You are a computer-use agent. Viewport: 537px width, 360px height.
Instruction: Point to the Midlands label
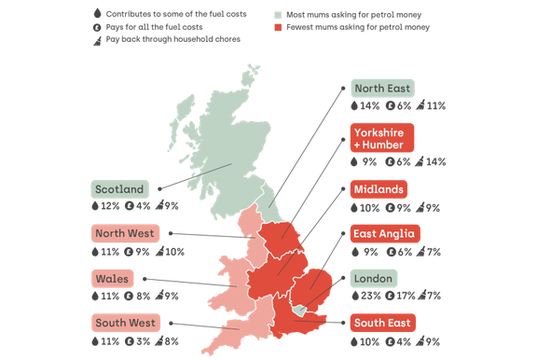[x=379, y=189]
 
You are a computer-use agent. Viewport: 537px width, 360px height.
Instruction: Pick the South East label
[x=381, y=324]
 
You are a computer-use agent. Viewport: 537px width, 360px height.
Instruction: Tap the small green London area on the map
[x=298, y=309]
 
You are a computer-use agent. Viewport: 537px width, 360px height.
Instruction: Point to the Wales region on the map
[x=234, y=284]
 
